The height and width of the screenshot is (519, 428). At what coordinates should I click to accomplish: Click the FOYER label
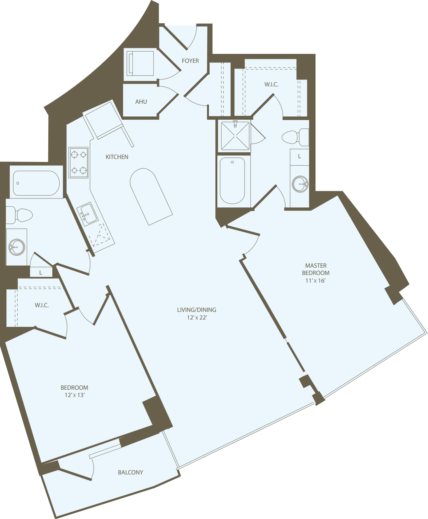pyautogui.click(x=190, y=61)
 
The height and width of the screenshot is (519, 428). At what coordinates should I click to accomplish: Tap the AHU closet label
pyautogui.click(x=141, y=102)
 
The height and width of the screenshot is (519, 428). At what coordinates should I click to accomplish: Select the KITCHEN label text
pyautogui.click(x=117, y=157)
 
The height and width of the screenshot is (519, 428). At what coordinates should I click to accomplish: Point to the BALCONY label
pyautogui.click(x=130, y=472)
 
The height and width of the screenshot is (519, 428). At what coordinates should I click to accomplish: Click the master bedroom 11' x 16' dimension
pyautogui.click(x=316, y=281)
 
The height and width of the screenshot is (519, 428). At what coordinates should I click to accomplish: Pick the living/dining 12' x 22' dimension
pyautogui.click(x=197, y=318)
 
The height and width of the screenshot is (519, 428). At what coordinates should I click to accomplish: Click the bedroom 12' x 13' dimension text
pyautogui.click(x=75, y=395)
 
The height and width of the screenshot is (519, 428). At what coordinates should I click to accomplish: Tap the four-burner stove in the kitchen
pyautogui.click(x=79, y=163)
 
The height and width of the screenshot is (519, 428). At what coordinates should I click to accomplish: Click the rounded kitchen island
pyautogui.click(x=151, y=196)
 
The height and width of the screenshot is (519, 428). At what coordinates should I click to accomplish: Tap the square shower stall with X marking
pyautogui.click(x=235, y=136)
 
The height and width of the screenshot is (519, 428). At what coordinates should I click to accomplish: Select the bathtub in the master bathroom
pyautogui.click(x=233, y=181)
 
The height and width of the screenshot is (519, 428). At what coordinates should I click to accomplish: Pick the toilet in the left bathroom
pyautogui.click(x=20, y=215)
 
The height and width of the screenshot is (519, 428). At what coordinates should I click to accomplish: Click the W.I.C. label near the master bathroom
pyautogui.click(x=271, y=84)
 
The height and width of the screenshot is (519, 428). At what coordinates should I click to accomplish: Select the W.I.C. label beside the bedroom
pyautogui.click(x=42, y=305)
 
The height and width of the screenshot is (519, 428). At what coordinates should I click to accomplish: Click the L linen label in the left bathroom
pyautogui.click(x=41, y=273)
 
